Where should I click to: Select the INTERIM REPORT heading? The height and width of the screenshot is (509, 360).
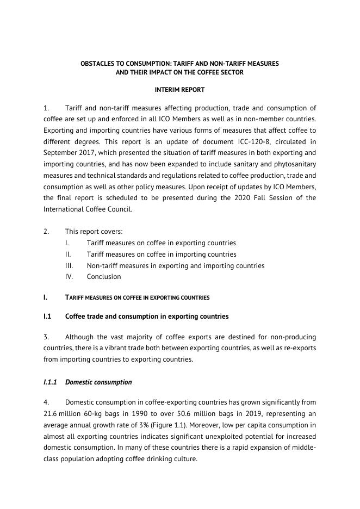pos(179,89)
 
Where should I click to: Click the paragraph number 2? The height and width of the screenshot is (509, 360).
pos(46,232)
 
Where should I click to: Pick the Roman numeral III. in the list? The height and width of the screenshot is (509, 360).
pos(69,266)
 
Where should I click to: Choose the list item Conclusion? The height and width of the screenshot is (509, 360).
pos(104,277)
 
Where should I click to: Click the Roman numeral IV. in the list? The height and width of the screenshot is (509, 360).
pos(69,277)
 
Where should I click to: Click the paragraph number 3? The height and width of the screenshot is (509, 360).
pos(46,337)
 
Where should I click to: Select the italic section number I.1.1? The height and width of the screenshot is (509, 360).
pos(50,382)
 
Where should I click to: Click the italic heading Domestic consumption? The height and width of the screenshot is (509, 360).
pos(98,382)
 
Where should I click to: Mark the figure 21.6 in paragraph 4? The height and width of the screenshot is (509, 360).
pos(52,414)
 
